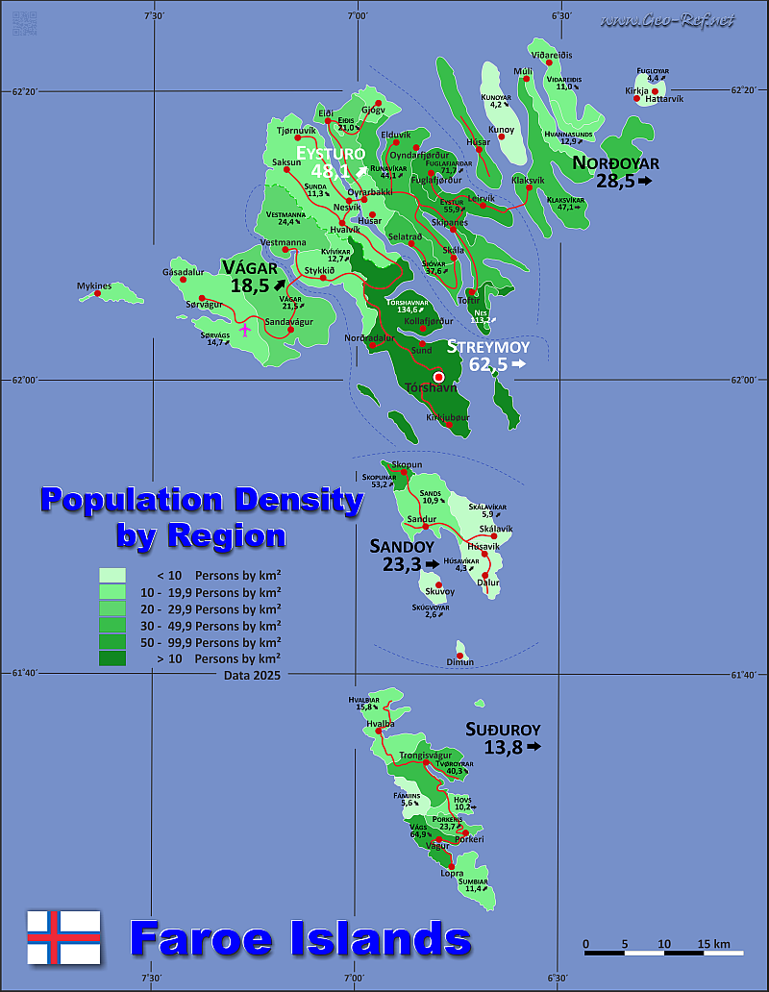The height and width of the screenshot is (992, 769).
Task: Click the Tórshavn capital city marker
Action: point(439,378)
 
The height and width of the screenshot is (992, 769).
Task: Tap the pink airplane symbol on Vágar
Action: point(245,330)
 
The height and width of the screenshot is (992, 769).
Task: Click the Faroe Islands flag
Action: point(63,937)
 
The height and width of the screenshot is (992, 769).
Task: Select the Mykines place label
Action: point(95,285)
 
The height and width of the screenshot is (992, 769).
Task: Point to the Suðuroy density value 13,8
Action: point(504,747)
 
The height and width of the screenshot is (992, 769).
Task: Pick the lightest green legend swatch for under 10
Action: point(112,575)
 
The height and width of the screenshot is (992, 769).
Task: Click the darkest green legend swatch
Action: point(112,658)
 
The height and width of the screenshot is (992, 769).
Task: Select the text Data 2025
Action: point(240,677)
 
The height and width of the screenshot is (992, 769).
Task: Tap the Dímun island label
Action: point(460,662)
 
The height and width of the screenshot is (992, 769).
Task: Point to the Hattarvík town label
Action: point(664,99)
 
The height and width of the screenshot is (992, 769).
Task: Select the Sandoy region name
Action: point(398,546)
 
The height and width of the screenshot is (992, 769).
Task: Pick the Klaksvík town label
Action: point(528,180)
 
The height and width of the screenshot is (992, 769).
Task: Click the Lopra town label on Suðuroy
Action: point(452,873)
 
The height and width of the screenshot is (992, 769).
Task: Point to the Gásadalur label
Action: point(184,272)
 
